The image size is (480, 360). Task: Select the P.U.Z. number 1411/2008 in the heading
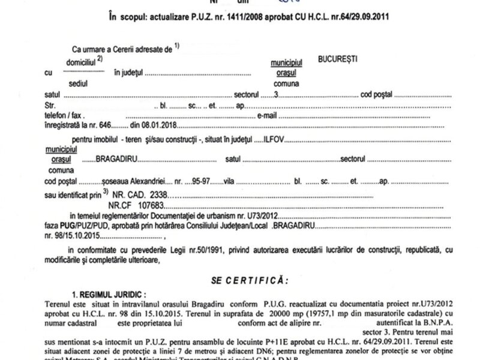tap(222, 16)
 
